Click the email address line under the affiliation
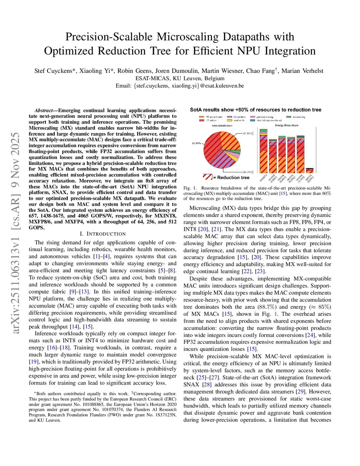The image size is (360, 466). pos(180,86)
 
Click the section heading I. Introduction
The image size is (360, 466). pos(102,234)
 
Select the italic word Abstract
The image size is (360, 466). pos(44,110)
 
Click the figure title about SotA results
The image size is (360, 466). pos(256,110)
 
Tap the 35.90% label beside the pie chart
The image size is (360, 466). pos(196,143)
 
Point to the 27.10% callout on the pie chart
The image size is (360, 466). pos(248,133)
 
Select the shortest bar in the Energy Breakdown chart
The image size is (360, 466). pos(309,170)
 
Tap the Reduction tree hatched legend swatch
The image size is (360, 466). pos(207,177)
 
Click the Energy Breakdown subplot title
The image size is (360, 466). pos(287,125)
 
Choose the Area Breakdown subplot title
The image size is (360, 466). pos(222,125)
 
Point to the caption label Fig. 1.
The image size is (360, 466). pos(190,188)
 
